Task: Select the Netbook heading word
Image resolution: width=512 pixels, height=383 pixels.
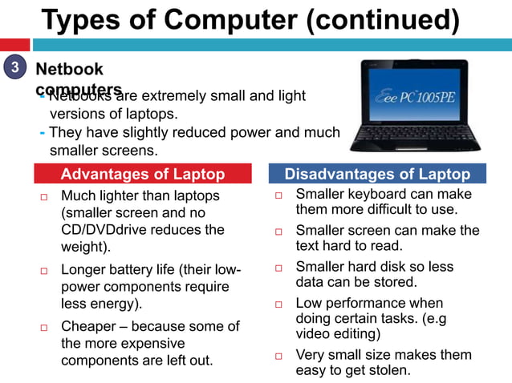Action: [70, 70]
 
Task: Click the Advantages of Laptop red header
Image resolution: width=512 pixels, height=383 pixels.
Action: [143, 174]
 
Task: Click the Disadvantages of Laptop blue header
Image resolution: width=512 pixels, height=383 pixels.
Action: [377, 174]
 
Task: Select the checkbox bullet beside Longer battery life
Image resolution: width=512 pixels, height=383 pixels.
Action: [45, 270]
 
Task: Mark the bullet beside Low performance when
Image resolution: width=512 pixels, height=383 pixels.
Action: [279, 304]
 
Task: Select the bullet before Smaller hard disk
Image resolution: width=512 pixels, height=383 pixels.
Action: [279, 268]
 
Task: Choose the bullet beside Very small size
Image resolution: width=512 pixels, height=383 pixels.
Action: [279, 356]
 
